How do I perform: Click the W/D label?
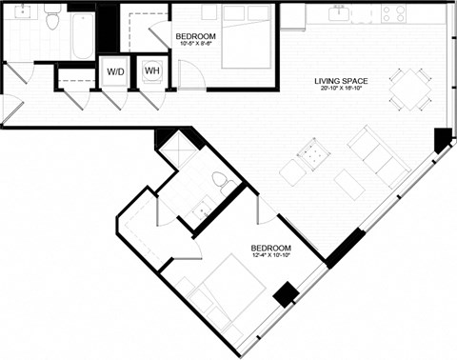tap(115, 72)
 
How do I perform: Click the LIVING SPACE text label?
tap(342, 81)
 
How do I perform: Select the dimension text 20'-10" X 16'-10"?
tap(342, 91)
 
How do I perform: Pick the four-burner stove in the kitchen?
tap(393, 13)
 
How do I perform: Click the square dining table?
tap(407, 88)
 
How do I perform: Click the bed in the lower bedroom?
tap(226, 296)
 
